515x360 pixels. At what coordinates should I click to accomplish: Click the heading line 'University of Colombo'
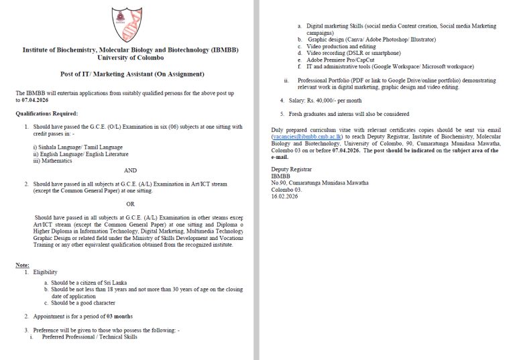130,58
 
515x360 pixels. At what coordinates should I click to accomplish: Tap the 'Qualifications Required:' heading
47,114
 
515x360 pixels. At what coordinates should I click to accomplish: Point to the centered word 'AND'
130,170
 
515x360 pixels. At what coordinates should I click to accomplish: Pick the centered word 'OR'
130,204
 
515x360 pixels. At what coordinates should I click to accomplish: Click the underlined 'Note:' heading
22,265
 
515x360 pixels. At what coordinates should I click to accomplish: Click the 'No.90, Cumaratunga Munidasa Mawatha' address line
319,182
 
